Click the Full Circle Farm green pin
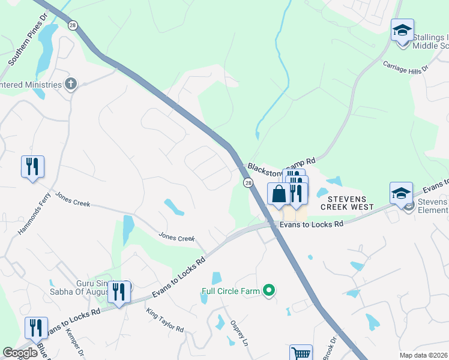(x=269, y=292)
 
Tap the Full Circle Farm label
(x=231, y=292)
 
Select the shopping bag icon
(x=279, y=194)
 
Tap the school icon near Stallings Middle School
(x=402, y=29)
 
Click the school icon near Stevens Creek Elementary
(x=401, y=193)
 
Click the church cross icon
(x=71, y=84)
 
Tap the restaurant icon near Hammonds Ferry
(x=32, y=166)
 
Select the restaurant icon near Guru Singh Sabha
(x=119, y=292)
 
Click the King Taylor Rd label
(x=165, y=320)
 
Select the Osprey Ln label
(x=239, y=333)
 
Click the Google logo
(x=20, y=353)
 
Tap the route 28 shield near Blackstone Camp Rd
(x=247, y=182)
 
